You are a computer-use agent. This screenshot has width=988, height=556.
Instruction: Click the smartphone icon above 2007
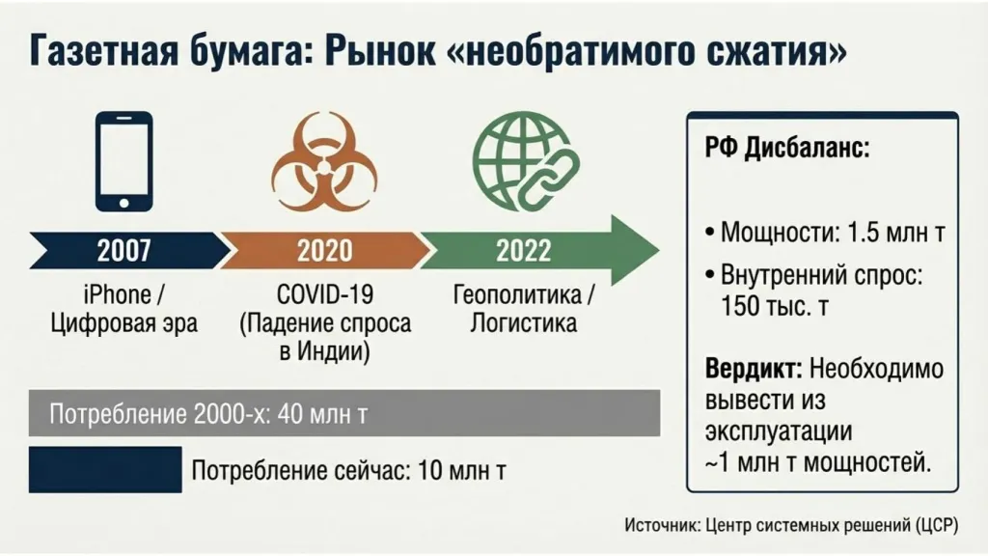pos(124,161)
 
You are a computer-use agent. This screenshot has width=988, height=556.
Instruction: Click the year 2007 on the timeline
pos(124,251)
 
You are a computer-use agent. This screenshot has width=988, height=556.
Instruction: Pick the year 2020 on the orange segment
pos(324,251)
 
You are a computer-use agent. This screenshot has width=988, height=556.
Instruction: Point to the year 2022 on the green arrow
pos(523,251)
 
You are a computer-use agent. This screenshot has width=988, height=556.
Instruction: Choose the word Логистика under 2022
pos(523,322)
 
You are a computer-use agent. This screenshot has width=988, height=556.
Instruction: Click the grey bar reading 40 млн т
pos(344,414)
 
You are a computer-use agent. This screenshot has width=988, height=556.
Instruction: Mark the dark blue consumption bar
pos(105,470)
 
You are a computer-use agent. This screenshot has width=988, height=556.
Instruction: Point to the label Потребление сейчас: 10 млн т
pos(349,472)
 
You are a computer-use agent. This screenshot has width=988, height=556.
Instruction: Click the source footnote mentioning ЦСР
pos(791,525)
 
